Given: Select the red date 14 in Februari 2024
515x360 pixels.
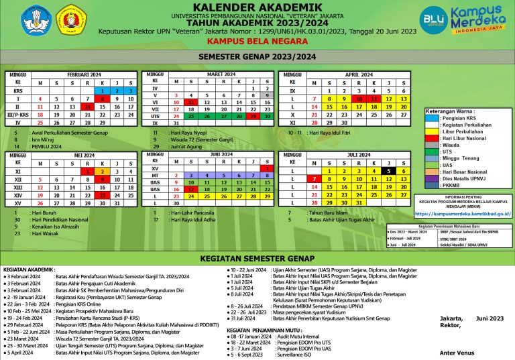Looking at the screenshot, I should tap(87, 106).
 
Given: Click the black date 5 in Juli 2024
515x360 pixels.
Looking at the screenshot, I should tap(388, 171).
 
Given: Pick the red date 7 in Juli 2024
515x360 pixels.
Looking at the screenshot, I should tap(313, 179).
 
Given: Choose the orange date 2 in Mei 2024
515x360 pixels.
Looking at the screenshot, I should tap(103, 171).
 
